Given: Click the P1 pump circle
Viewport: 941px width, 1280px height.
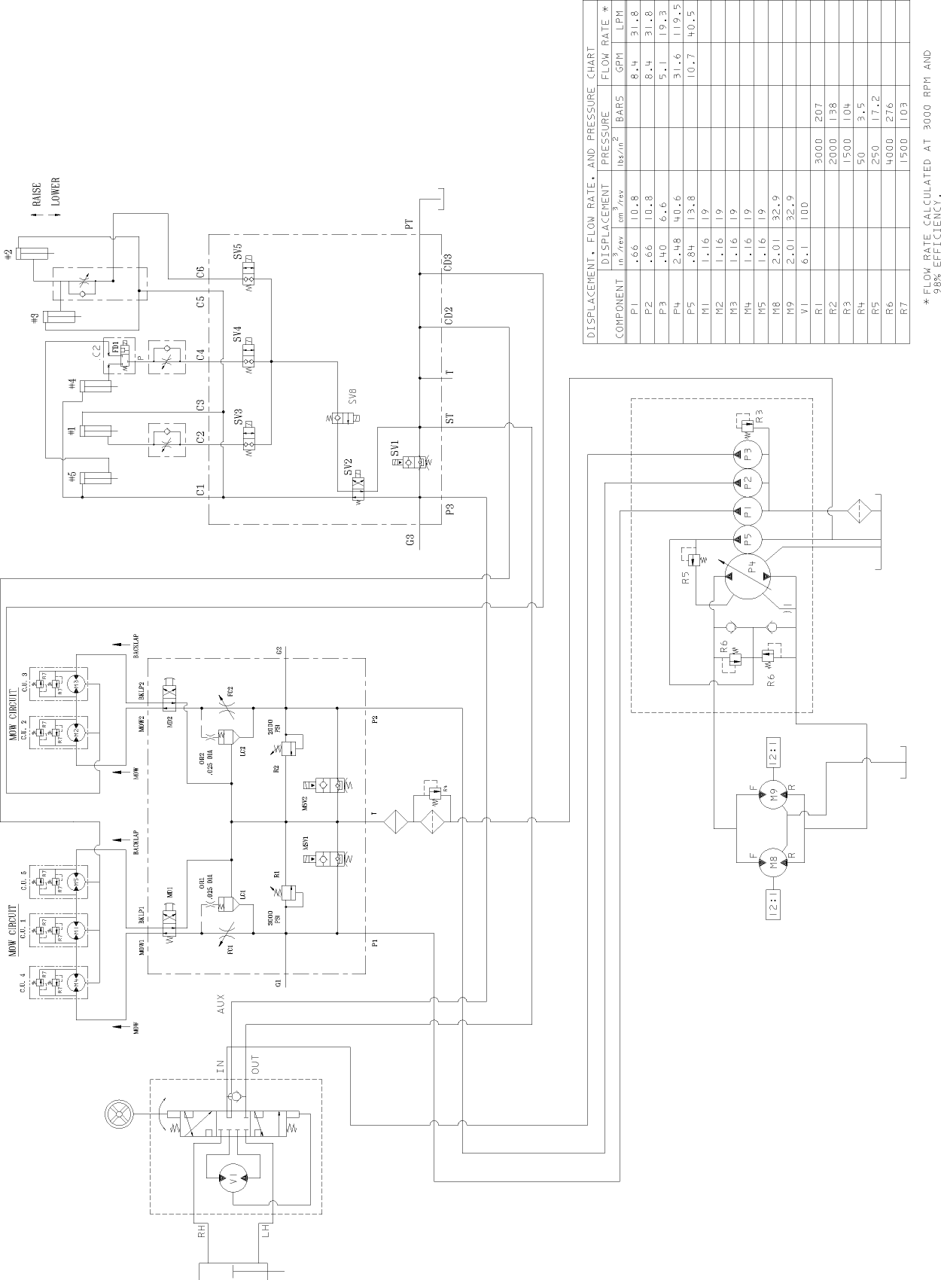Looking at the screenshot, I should click(x=748, y=510).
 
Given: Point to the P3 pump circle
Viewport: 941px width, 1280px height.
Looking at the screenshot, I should click(x=748, y=454).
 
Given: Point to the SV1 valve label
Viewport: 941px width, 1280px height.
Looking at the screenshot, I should click(x=394, y=450).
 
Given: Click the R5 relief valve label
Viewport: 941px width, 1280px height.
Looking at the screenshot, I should click(x=685, y=578).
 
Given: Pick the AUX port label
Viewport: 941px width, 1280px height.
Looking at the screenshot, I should click(x=221, y=1007).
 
